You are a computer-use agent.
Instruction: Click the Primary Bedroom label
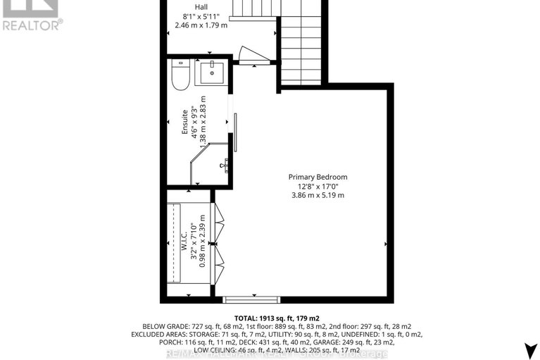tap(318, 177)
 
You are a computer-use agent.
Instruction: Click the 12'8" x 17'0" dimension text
tap(318, 186)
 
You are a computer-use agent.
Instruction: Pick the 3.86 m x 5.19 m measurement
tap(318, 195)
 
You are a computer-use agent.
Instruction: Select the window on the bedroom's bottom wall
tap(251, 299)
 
